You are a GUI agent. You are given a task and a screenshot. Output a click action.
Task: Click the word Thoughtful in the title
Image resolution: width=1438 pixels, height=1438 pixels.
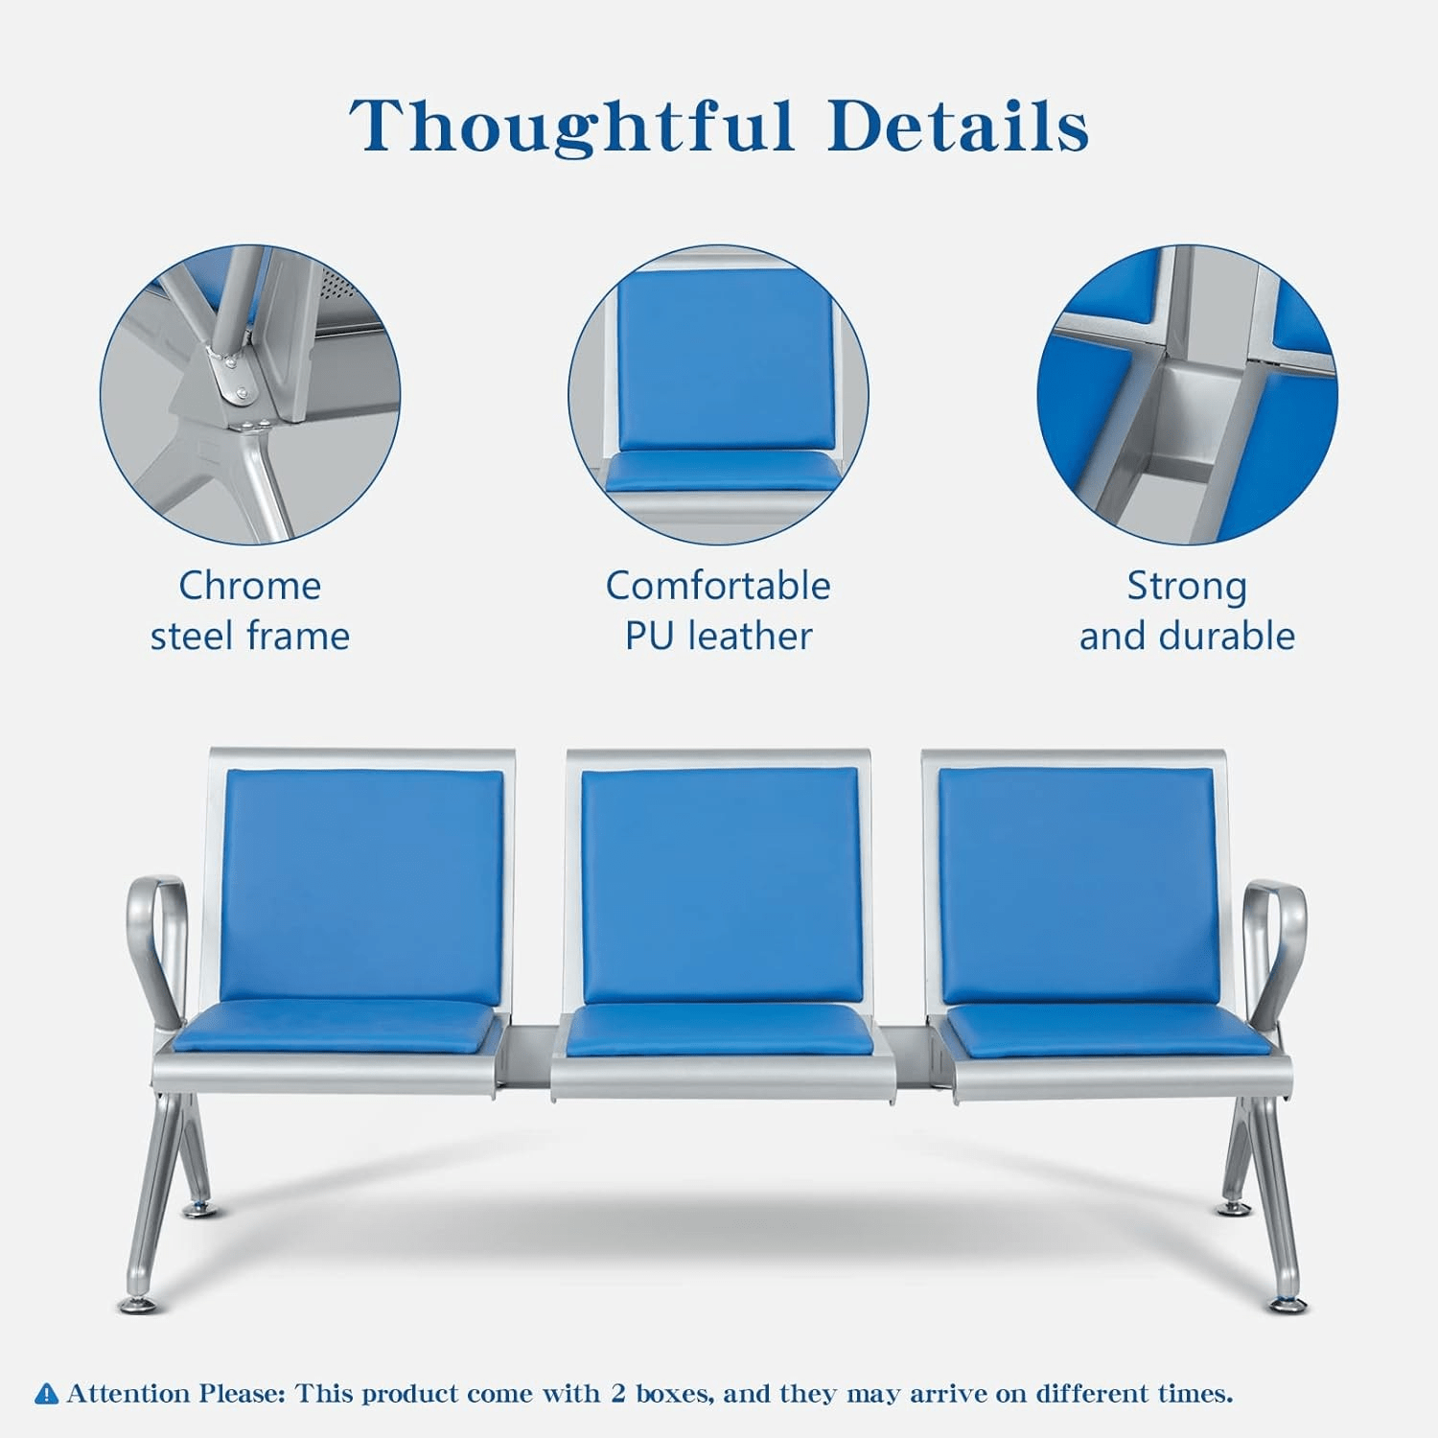[x=572, y=127]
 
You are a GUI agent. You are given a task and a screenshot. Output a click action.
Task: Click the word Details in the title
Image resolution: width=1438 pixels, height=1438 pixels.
[x=959, y=126]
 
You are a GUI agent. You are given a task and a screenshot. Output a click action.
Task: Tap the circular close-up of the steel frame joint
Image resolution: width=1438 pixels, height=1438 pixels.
[x=250, y=394]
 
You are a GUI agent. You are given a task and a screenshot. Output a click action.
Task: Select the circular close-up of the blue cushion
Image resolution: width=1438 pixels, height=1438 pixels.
[x=718, y=394]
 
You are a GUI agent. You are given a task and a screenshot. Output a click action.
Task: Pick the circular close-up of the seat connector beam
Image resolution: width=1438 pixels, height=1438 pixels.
[x=1187, y=394]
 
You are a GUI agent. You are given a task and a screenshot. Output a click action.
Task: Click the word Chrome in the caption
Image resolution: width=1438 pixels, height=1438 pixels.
[x=249, y=586]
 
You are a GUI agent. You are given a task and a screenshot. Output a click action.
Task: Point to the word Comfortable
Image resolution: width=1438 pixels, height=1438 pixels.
[x=718, y=586]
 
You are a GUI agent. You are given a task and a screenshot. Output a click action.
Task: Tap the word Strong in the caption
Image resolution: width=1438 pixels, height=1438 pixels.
[x=1187, y=587]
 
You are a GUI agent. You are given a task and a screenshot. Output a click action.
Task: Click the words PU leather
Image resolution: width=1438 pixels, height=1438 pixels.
[x=718, y=636]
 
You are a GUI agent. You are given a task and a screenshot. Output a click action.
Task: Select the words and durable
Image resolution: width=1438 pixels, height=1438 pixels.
[x=1187, y=636]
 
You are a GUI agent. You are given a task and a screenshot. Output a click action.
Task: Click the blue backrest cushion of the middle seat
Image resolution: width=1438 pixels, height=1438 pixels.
[x=720, y=886]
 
